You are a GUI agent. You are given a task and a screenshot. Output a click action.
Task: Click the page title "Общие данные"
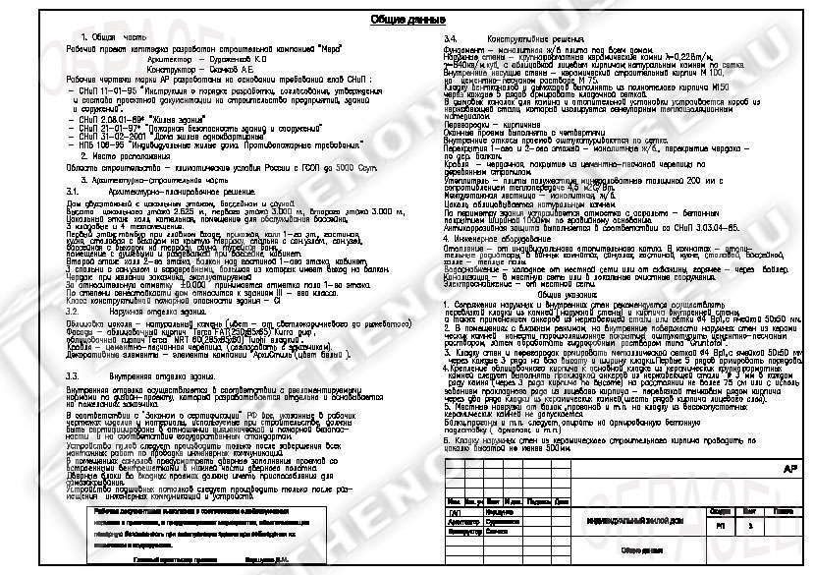pos(405,21)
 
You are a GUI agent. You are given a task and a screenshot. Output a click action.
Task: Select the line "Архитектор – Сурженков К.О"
pos(178,58)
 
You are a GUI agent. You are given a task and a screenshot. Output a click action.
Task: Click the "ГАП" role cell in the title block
pos(454,513)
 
